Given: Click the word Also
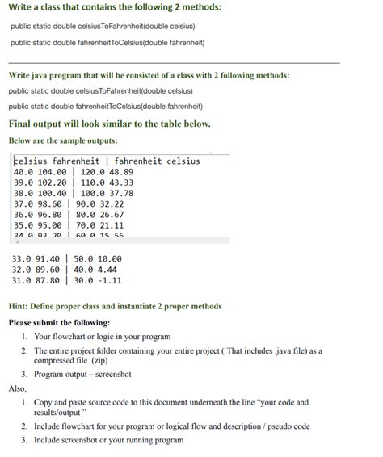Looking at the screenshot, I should pyautogui.click(x=17, y=388).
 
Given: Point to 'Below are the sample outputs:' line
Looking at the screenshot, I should pyautogui.click(x=62, y=140).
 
